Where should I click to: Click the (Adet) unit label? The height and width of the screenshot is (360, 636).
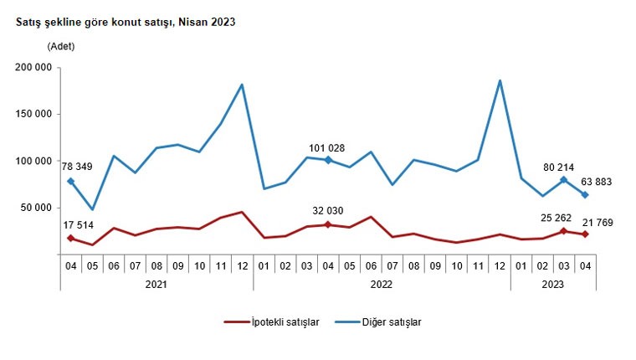(61, 46)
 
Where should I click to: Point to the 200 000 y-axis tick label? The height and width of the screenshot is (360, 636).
(32, 68)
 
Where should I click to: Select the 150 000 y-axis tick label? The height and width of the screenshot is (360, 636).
(32, 115)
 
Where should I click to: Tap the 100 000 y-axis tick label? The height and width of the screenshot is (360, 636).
(32, 162)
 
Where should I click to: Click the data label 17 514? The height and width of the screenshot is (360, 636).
(79, 224)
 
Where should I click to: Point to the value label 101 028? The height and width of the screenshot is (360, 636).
(326, 148)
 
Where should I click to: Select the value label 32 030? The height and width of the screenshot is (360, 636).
(326, 210)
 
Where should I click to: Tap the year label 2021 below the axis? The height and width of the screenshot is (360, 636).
(156, 285)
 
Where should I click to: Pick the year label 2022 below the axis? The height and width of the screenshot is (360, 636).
(382, 285)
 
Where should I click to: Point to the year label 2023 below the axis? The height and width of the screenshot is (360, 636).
(552, 285)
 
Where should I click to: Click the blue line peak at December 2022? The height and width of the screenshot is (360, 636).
(500, 80)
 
